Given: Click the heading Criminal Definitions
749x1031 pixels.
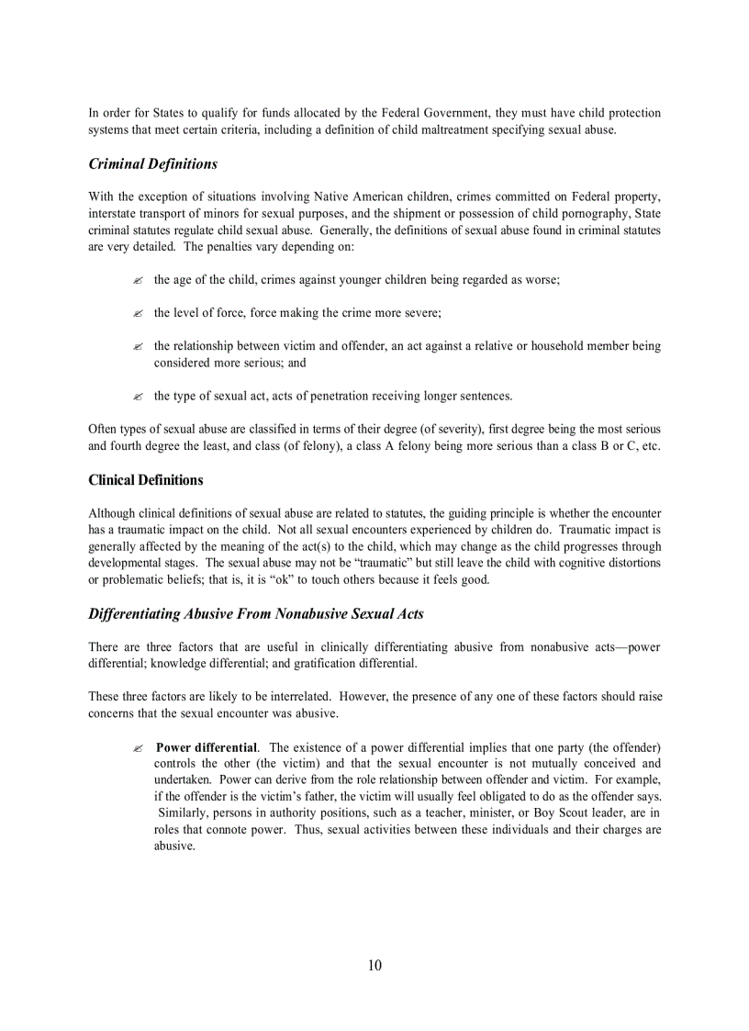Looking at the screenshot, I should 153,164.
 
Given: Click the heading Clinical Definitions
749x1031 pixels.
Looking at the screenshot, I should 146,480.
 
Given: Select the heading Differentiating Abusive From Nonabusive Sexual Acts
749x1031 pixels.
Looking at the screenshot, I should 256,613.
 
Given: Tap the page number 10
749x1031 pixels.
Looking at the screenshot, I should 374,965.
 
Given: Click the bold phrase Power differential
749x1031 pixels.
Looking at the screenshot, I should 207,747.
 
